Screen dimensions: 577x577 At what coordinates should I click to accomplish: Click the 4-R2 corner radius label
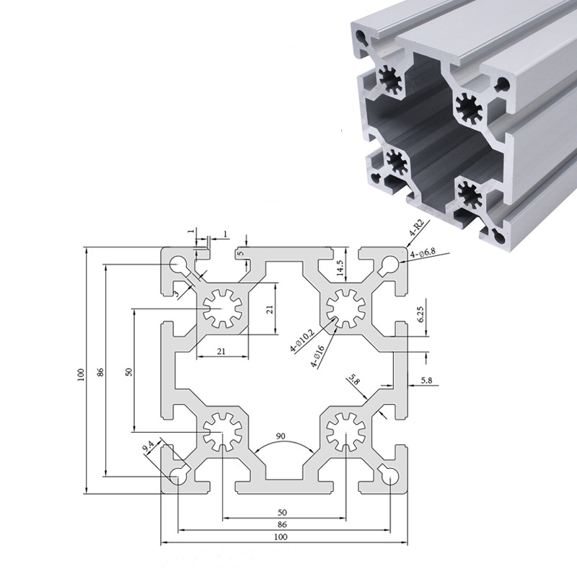click(417, 228)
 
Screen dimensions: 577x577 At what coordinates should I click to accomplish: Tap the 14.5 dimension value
click(340, 268)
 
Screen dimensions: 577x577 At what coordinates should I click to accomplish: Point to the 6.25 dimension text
click(421, 314)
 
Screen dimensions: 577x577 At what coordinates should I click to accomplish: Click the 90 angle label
click(281, 436)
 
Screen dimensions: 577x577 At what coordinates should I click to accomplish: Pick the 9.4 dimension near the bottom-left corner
click(149, 447)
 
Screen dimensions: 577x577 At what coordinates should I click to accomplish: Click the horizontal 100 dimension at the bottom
click(281, 537)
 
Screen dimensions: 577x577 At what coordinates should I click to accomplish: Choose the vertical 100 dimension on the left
click(81, 374)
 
